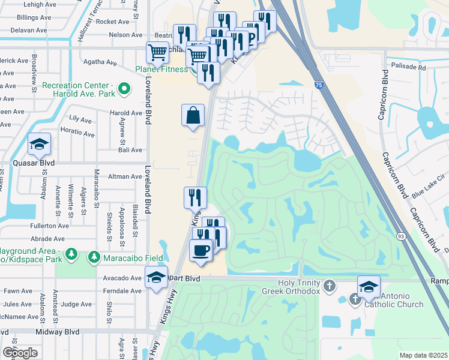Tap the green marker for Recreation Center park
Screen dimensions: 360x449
pos(124,90)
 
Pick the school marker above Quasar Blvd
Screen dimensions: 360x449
pos(39,144)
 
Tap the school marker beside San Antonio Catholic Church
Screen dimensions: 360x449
pos(369,286)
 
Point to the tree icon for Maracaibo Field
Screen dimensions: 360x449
pos(94,257)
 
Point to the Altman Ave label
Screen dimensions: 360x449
pos(125,176)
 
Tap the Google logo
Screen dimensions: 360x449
pos(20,353)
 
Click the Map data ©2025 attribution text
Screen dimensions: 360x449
pos(423,355)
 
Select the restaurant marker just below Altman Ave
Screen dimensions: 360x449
pos(195,197)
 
